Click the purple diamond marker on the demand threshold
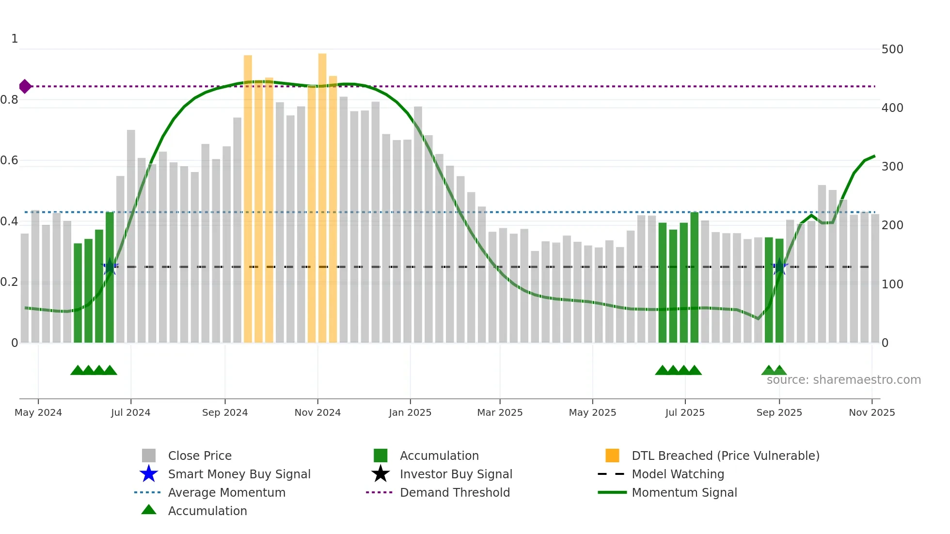point(25,86)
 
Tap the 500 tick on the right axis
point(892,49)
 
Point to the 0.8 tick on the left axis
point(9,100)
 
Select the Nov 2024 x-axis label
point(317,412)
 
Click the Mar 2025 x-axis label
point(500,412)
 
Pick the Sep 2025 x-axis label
point(779,412)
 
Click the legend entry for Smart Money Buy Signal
point(239,474)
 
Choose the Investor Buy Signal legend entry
point(456,474)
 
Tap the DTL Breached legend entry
point(725,455)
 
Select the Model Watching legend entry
point(678,474)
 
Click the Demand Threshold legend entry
point(455,492)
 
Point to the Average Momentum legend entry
point(226,492)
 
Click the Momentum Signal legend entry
point(684,492)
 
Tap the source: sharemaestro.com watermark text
point(843,380)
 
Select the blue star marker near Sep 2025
point(779,267)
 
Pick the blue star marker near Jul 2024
point(110,267)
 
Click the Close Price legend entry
point(199,455)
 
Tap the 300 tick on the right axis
point(892,167)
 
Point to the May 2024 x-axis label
point(38,412)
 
